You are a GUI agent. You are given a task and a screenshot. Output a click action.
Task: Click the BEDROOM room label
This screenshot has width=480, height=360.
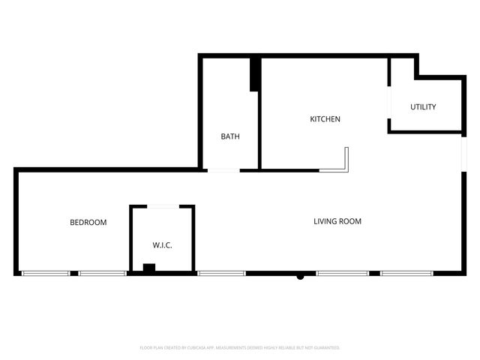(88, 223)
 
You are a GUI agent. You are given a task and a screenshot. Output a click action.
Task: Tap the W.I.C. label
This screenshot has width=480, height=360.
(163, 245)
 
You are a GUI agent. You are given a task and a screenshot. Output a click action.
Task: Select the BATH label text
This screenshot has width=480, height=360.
(230, 136)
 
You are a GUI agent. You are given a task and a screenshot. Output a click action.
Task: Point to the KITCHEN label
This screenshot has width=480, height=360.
(325, 119)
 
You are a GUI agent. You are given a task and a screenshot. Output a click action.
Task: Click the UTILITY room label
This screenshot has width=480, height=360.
(423, 107)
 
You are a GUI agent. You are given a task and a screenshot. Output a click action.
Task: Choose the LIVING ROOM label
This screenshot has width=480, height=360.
(337, 221)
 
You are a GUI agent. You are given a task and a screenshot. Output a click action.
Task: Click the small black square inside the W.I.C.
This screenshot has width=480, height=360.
(148, 268)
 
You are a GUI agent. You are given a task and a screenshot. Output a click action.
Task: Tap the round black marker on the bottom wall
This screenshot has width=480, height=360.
(300, 276)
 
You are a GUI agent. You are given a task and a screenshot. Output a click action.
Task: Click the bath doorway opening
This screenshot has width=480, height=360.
(223, 170)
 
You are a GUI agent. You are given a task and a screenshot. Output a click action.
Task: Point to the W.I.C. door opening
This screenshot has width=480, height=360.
(163, 205)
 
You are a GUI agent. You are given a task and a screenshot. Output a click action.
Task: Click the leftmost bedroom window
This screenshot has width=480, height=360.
(45, 273)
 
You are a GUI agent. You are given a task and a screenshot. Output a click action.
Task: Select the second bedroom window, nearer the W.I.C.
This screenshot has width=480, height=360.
(102, 273)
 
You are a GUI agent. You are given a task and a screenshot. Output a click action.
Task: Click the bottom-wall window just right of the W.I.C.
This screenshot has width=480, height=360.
(221, 273)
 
